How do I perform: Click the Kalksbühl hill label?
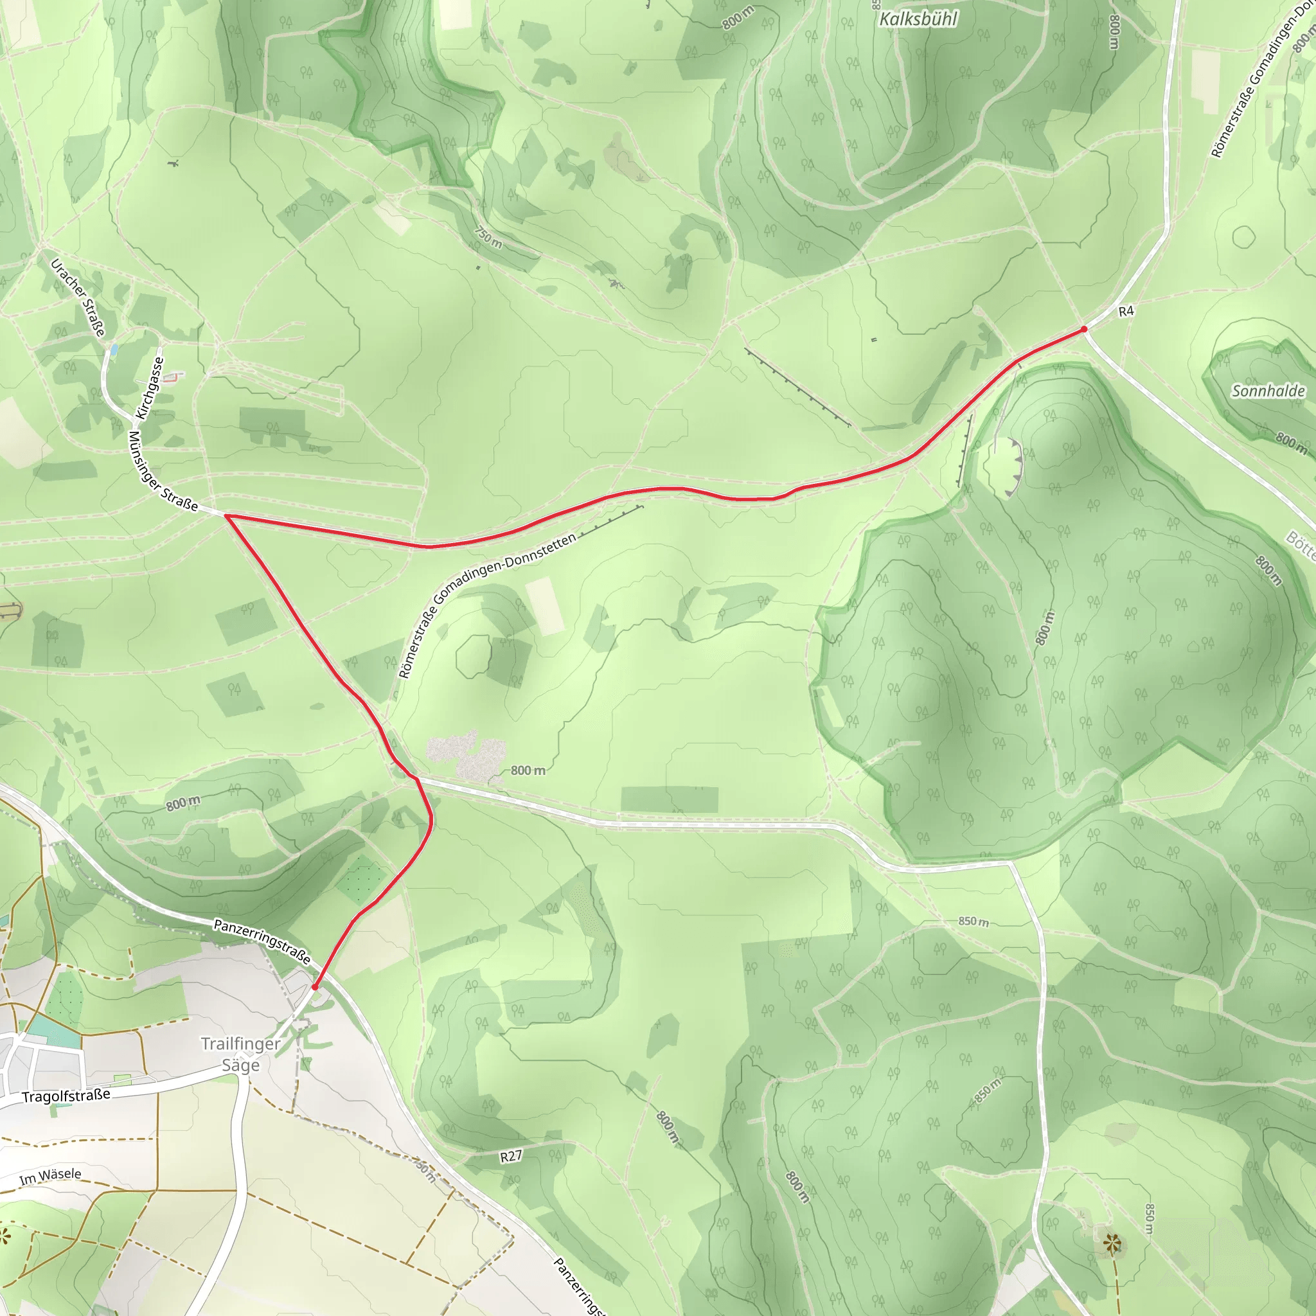(918, 19)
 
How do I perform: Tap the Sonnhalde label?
(1268, 391)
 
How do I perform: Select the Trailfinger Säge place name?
(240, 1054)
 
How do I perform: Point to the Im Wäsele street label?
(50, 1177)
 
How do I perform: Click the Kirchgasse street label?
(150, 388)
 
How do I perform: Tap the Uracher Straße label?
(79, 298)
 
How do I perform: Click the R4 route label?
(1126, 311)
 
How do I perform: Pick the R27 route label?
(511, 1157)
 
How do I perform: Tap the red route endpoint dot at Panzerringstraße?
(315, 986)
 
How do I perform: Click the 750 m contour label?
(488, 237)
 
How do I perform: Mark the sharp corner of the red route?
(226, 517)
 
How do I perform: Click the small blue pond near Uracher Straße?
(113, 350)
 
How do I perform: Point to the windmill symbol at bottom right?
(1112, 1245)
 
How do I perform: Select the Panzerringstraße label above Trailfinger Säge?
(262, 942)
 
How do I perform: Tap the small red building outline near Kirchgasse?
(175, 376)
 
